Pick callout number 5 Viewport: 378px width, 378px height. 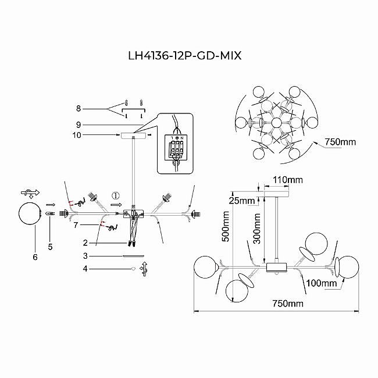click(51, 246)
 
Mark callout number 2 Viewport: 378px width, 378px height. click(85, 243)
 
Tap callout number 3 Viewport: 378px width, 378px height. click(85, 255)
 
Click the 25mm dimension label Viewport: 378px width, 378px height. click(244, 201)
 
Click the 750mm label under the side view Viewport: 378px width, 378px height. click(288, 304)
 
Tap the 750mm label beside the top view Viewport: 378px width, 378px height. click(339, 141)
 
